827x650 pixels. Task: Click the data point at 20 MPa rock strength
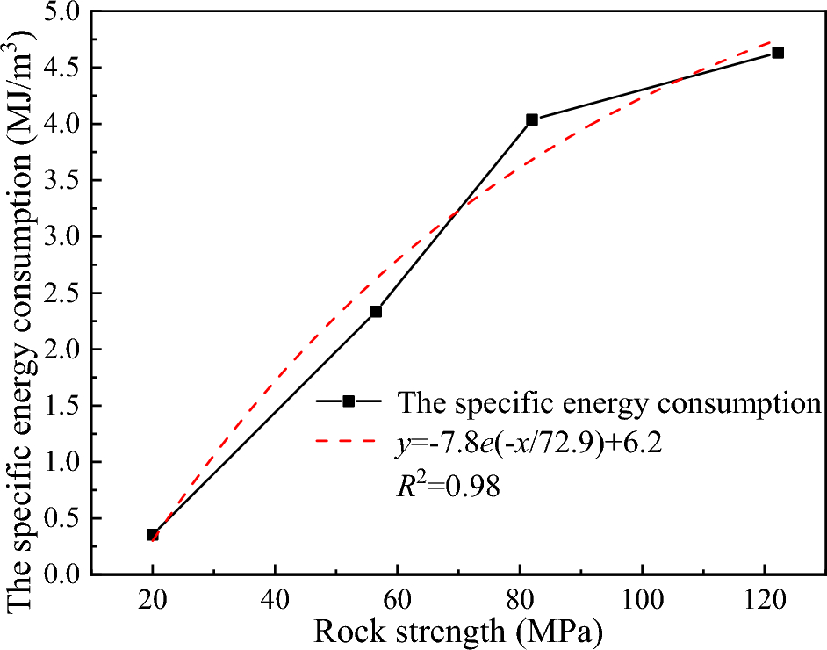click(153, 534)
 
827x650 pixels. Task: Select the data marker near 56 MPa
click(376, 312)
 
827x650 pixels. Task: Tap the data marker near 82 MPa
click(532, 119)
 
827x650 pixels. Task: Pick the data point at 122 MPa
click(777, 53)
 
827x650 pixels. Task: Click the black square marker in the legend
click(349, 401)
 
